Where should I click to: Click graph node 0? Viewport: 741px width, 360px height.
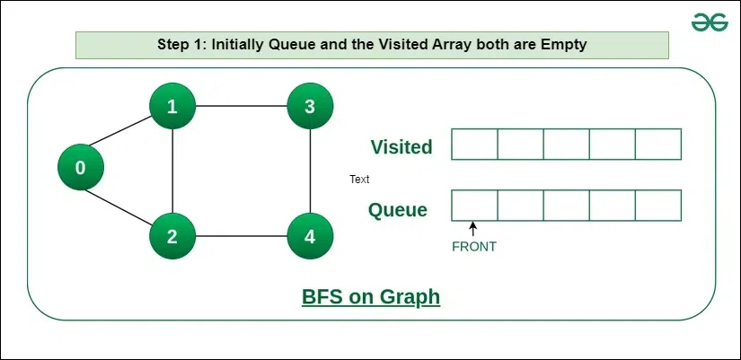[81, 167]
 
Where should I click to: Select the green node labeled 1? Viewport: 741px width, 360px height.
[172, 106]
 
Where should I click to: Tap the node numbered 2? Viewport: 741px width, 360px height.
[172, 236]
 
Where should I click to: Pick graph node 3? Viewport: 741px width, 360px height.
[310, 106]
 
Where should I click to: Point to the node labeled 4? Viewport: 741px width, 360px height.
[310, 236]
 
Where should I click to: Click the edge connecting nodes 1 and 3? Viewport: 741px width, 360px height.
[241, 106]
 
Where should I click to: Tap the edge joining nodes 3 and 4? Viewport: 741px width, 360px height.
[310, 171]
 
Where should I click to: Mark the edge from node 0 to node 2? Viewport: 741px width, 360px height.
[119, 206]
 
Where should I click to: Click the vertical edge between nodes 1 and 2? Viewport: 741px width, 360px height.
[172, 171]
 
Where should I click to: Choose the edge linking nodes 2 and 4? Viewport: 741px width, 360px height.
[241, 236]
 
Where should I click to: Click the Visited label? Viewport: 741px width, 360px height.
[401, 147]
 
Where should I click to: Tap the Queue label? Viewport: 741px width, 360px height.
[397, 210]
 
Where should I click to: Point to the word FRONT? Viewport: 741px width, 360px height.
[474, 247]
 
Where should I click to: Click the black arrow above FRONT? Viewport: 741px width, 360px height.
[472, 229]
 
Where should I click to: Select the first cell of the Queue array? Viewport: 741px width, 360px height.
[474, 206]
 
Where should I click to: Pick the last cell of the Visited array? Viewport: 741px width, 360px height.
[658, 145]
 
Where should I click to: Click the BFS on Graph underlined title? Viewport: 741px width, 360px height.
[371, 298]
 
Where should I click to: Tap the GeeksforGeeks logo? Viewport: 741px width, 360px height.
[710, 22]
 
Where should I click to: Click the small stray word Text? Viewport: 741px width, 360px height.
[359, 180]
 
